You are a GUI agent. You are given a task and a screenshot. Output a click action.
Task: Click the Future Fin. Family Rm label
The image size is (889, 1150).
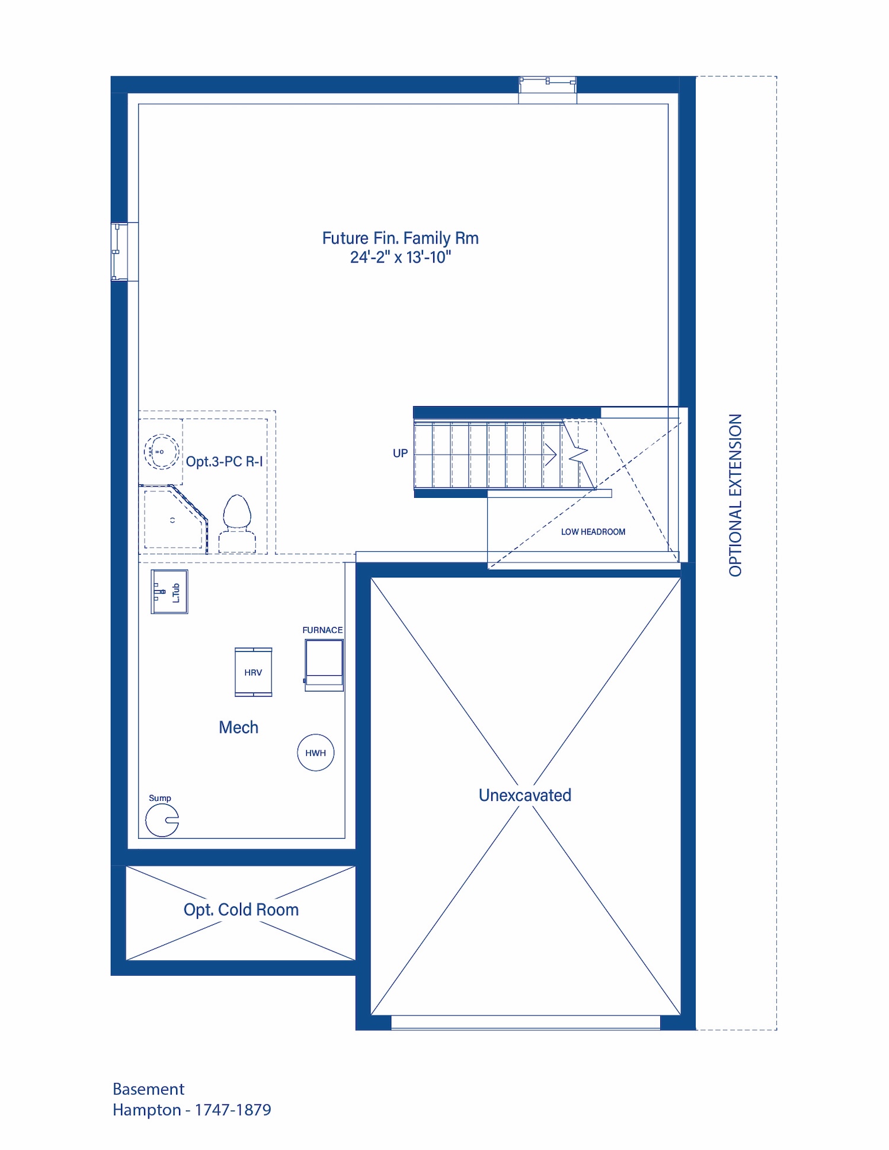[400, 238]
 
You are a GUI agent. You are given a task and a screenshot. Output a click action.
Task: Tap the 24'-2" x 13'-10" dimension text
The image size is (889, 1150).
[400, 257]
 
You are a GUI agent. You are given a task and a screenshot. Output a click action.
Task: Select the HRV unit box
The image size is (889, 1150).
[253, 672]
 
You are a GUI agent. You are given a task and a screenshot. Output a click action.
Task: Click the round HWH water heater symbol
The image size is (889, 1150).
[315, 752]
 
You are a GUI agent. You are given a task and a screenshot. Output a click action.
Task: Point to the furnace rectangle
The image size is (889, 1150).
[324, 664]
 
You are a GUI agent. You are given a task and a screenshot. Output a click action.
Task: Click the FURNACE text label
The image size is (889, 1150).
[322, 630]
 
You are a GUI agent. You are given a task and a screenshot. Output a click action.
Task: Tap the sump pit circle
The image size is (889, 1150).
[162, 820]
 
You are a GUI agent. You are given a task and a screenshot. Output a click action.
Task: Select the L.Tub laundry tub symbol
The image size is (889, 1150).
[170, 592]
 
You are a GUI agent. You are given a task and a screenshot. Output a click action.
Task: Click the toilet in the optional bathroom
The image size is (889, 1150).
[237, 523]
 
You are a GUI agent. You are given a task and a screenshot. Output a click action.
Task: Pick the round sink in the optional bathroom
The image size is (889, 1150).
[161, 452]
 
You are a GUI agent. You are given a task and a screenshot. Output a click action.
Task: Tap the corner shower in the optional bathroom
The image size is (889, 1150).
[173, 518]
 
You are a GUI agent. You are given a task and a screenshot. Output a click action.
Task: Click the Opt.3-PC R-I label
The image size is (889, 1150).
[224, 461]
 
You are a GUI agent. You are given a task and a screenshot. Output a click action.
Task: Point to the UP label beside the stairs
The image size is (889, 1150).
[400, 453]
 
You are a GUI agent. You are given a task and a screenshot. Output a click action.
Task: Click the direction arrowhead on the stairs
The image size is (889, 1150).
[551, 455]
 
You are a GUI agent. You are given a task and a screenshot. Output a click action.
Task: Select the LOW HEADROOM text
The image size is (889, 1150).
[593, 532]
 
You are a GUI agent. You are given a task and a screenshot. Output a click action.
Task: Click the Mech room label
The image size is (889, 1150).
[238, 727]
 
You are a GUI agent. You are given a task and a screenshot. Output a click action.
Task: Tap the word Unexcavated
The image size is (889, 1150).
[525, 795]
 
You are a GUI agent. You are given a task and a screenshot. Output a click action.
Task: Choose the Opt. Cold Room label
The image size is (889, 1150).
[241, 910]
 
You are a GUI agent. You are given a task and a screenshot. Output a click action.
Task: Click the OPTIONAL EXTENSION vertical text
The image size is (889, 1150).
[735, 495]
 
